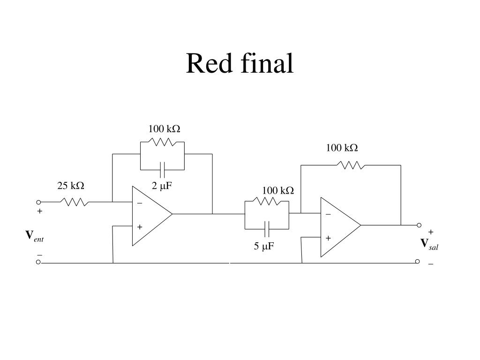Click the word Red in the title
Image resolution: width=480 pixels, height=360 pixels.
coord(209,63)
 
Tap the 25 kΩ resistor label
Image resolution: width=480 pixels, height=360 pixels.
coord(71,186)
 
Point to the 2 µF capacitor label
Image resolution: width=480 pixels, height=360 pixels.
coord(162,186)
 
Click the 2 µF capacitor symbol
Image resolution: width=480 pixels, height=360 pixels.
coord(162,170)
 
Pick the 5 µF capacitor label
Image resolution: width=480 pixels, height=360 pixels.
coord(263,246)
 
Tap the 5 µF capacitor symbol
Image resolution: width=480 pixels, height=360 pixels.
coord(267,229)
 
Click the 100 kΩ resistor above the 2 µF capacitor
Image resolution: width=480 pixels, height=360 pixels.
coord(162,142)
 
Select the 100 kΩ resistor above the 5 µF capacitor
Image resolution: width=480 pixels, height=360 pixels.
coord(267,201)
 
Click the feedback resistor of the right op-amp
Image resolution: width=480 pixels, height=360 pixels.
coord(351,165)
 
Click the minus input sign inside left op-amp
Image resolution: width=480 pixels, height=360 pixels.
coord(140,203)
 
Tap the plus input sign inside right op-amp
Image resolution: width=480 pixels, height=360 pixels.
coord(328,238)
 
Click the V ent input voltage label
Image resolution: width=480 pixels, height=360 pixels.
coord(34,236)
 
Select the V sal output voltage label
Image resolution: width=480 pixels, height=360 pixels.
coord(429,244)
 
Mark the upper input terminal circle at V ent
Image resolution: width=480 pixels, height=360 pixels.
coord(38,202)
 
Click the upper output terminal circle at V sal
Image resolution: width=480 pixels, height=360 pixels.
coord(419,225)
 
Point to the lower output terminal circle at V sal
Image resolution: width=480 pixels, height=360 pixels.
coord(417,262)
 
